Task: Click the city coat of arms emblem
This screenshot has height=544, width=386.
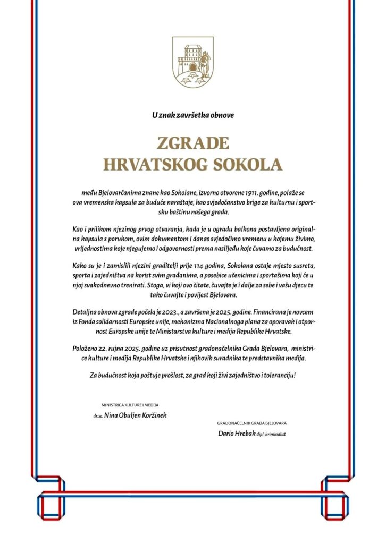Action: pyautogui.click(x=192, y=62)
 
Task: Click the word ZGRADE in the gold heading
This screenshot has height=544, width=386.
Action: pyautogui.click(x=192, y=143)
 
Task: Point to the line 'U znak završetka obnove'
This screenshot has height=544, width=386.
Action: pyautogui.click(x=192, y=114)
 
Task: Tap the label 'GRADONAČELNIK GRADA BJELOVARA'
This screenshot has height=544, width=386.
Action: pyautogui.click(x=251, y=423)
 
